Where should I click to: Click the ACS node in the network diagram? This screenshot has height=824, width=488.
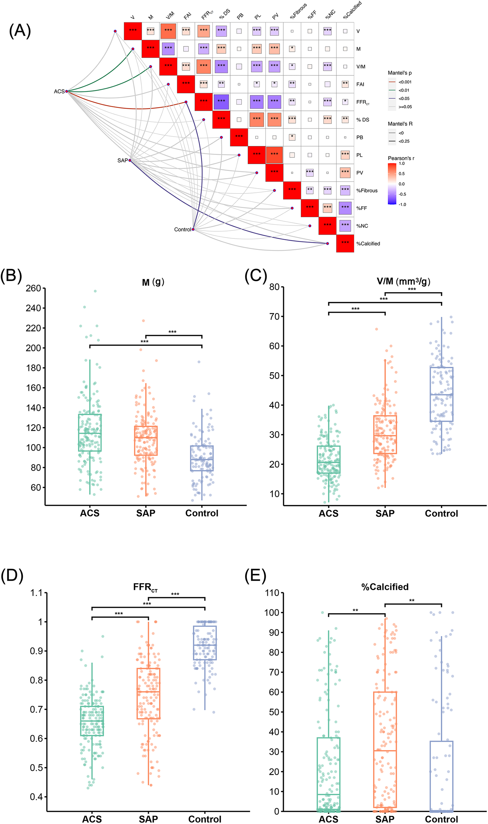point(66,91)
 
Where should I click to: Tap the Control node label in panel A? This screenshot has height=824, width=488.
point(182,229)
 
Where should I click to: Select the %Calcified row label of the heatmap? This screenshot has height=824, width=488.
point(368,244)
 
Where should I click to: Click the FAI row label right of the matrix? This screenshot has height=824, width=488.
point(360,84)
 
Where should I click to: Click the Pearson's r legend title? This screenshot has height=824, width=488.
point(401,158)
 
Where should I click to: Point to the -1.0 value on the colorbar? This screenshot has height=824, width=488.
point(402,204)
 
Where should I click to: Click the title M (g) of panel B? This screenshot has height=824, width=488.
point(153,282)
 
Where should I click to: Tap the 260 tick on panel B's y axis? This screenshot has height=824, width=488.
point(33,288)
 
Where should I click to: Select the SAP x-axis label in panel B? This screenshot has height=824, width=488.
point(146,513)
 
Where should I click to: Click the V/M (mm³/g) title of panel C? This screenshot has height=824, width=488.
point(403,281)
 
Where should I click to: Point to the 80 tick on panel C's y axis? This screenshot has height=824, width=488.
point(274,287)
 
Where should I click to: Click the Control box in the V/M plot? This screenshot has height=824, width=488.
point(441,394)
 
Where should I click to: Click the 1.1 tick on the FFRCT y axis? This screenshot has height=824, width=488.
point(36,593)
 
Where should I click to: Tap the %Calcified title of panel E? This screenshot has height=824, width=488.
point(385,587)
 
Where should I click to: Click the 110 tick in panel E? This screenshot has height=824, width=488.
point(272,593)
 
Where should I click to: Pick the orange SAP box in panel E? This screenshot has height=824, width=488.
point(385,749)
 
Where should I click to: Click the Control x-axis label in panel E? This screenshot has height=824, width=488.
point(441,819)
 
